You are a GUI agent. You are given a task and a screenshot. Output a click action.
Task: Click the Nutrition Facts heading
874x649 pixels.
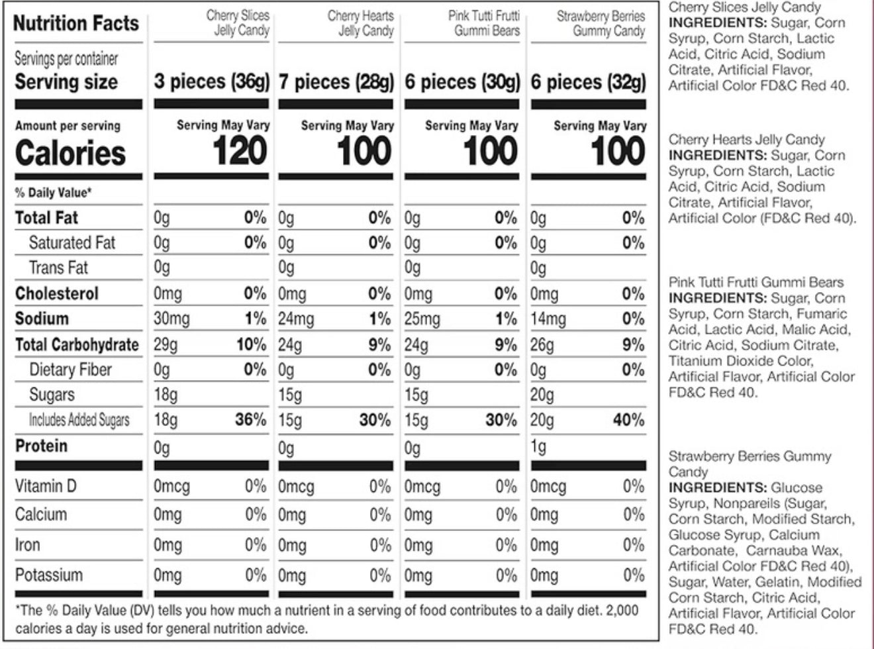(x=76, y=24)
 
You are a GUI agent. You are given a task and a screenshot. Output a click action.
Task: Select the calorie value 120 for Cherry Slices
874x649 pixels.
(x=240, y=152)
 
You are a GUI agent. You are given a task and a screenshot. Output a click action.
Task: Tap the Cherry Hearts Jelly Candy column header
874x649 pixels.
(x=360, y=23)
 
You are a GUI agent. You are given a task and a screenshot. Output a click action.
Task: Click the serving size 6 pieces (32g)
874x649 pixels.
(x=588, y=82)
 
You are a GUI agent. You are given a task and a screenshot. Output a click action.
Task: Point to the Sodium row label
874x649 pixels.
(x=42, y=319)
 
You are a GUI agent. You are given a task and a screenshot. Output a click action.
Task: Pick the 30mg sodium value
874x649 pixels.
(x=171, y=319)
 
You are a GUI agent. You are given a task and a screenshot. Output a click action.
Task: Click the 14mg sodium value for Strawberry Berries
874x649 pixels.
(x=548, y=319)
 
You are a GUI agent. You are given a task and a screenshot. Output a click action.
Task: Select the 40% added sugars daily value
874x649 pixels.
(x=628, y=420)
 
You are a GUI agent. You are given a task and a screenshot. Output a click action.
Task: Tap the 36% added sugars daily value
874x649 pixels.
(x=250, y=420)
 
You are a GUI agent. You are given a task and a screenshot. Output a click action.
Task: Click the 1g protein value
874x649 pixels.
(x=539, y=448)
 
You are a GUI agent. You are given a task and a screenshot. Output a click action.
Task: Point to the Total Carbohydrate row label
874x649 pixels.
(x=77, y=344)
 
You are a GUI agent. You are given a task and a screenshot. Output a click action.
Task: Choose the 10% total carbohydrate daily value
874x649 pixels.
(x=251, y=344)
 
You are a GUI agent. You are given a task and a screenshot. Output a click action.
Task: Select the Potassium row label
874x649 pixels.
(x=49, y=575)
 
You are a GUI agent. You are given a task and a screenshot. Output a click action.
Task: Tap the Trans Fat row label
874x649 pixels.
(x=58, y=268)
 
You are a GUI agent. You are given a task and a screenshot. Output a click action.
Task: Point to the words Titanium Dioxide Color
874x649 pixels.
(x=740, y=361)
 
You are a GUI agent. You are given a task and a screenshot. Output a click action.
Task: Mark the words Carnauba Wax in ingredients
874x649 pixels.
(x=793, y=550)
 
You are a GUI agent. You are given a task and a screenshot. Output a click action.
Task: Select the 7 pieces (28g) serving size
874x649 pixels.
(x=336, y=82)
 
